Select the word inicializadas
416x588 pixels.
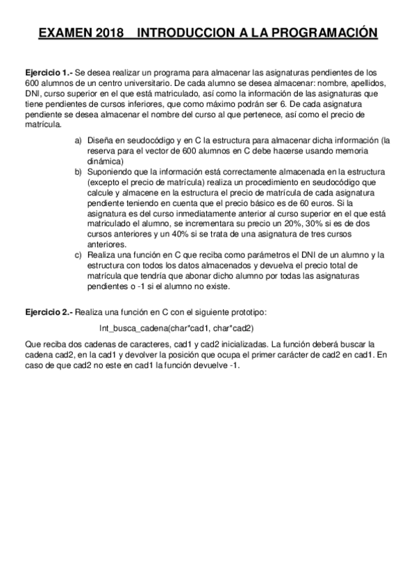[239, 343]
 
